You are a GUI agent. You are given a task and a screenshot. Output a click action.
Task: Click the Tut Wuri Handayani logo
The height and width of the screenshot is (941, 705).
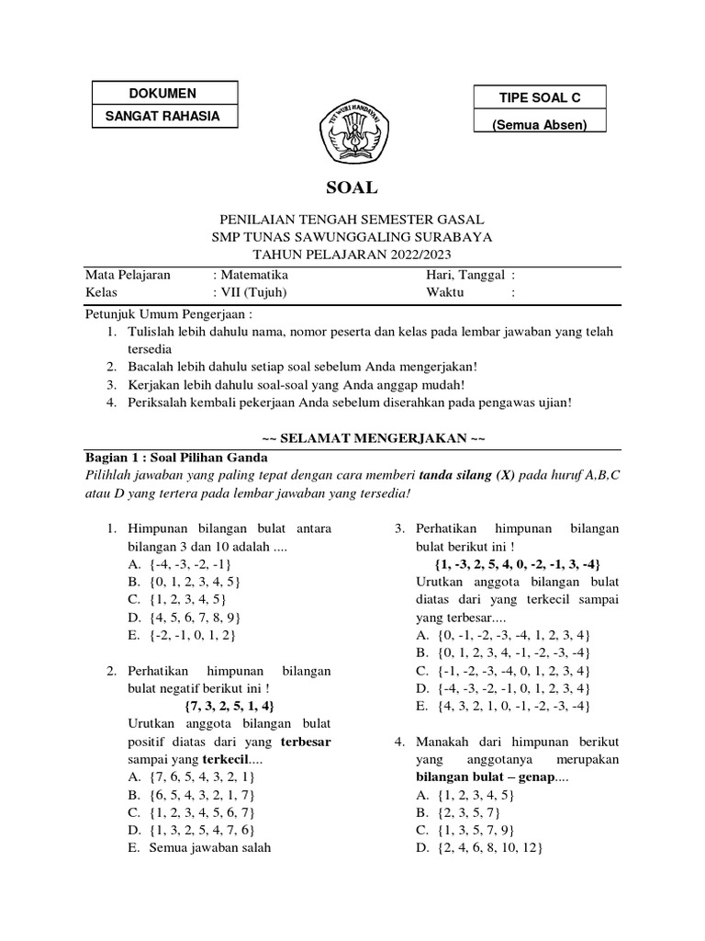pyautogui.click(x=352, y=134)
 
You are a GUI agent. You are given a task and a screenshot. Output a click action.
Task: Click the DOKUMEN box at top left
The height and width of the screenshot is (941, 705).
pyautogui.click(x=166, y=94)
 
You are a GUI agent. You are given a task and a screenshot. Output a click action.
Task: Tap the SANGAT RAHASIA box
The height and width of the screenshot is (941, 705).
pyautogui.click(x=166, y=117)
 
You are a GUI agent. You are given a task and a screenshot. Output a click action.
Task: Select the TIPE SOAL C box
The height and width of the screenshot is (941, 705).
pyautogui.click(x=540, y=98)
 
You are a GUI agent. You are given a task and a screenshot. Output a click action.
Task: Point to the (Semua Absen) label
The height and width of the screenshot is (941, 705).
pyautogui.click(x=540, y=124)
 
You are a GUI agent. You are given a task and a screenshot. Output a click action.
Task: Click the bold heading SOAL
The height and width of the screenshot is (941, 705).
pyautogui.click(x=352, y=187)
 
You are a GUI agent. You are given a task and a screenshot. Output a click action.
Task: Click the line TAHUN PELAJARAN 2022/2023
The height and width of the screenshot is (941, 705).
pyautogui.click(x=352, y=253)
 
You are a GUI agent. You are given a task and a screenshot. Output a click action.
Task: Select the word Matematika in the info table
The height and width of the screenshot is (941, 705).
pyautogui.click(x=252, y=274)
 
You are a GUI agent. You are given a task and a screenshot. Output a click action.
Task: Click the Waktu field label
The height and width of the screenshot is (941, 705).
pyautogui.click(x=445, y=291)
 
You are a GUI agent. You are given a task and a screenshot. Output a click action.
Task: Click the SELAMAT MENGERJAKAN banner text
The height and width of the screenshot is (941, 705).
pyautogui.click(x=352, y=436)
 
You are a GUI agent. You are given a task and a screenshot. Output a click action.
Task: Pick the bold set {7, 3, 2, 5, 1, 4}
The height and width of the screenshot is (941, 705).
pyautogui.click(x=229, y=706)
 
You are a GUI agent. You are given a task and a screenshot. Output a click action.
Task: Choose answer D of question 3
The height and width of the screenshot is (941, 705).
pyautogui.click(x=502, y=687)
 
